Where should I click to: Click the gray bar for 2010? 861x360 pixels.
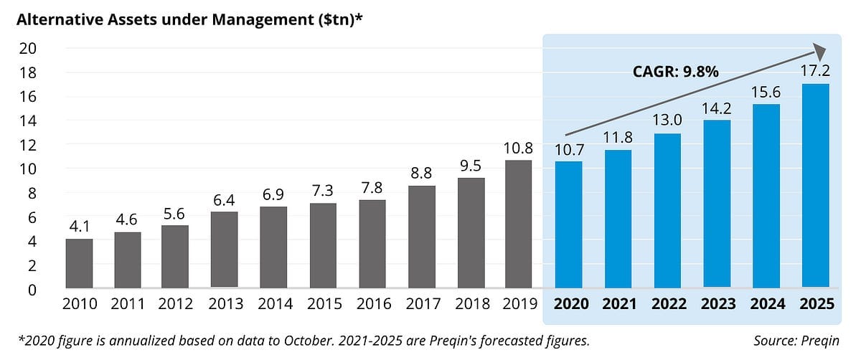79,263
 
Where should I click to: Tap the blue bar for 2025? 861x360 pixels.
816,186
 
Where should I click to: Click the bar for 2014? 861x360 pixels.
273,247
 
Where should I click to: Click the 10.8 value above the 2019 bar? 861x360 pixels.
518,148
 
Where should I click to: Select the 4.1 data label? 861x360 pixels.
79,227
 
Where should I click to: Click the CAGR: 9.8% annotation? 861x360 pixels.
675,71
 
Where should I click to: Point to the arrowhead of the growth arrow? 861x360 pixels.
819,51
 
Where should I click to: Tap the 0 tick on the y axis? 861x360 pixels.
32,290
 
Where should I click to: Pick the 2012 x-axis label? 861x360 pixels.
176,304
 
